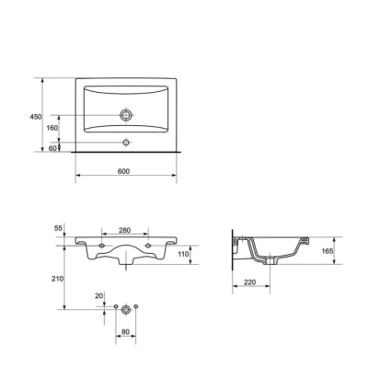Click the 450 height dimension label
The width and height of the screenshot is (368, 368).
[36, 117]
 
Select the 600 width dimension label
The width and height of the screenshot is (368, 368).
[123, 171]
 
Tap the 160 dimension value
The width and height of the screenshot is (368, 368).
[52, 128]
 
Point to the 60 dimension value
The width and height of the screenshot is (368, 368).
[52, 148]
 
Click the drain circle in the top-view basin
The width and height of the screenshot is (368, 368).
[126, 115]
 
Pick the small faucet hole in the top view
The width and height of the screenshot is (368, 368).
[126, 143]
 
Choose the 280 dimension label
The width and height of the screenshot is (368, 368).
[125, 230]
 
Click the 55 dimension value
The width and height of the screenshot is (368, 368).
[58, 228]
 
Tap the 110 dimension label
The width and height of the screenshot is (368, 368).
[183, 254]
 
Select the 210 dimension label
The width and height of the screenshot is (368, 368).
[58, 279]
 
